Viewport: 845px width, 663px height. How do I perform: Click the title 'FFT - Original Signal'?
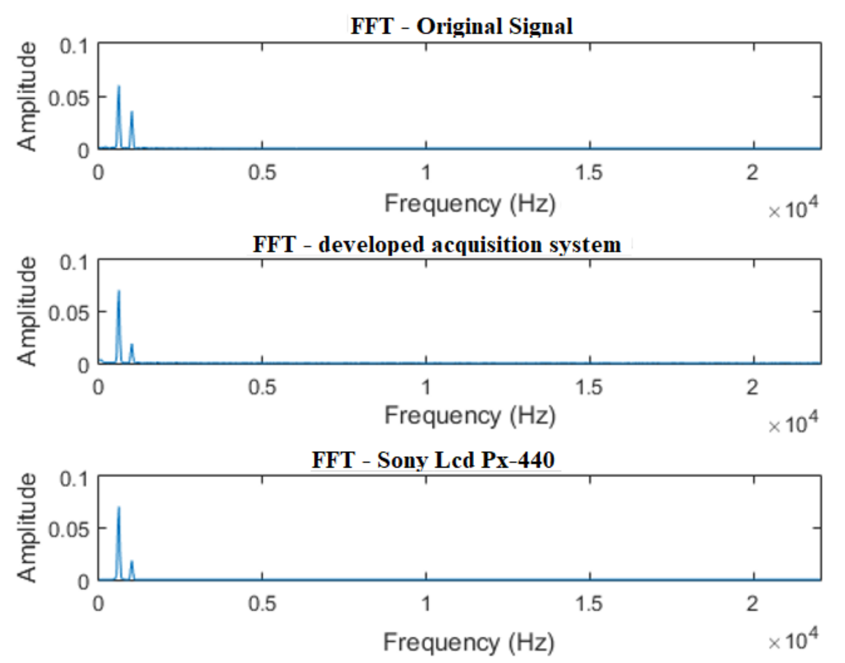(461, 26)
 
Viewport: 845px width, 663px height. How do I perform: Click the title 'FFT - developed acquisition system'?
(437, 244)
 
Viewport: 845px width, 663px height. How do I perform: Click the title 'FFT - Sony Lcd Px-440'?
(433, 459)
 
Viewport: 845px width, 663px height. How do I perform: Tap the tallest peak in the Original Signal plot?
(119, 87)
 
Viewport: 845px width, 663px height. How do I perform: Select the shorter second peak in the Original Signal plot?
(132, 112)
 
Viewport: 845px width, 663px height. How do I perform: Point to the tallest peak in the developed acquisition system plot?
(119, 292)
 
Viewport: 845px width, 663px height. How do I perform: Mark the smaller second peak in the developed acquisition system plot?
(132, 345)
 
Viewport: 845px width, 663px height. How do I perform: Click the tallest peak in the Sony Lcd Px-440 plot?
(119, 508)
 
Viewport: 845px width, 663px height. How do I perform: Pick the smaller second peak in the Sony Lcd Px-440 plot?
(132, 562)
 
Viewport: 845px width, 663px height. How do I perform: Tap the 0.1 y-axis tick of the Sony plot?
(74, 479)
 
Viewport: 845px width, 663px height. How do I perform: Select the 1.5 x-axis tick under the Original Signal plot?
(589, 173)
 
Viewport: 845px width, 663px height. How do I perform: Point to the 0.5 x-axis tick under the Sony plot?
(262, 604)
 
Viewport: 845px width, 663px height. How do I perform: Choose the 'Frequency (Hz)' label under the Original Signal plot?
(470, 204)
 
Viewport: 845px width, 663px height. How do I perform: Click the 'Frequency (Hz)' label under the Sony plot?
(469, 642)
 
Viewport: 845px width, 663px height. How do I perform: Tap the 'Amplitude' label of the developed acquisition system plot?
(27, 311)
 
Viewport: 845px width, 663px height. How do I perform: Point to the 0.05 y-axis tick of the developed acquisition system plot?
(69, 313)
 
